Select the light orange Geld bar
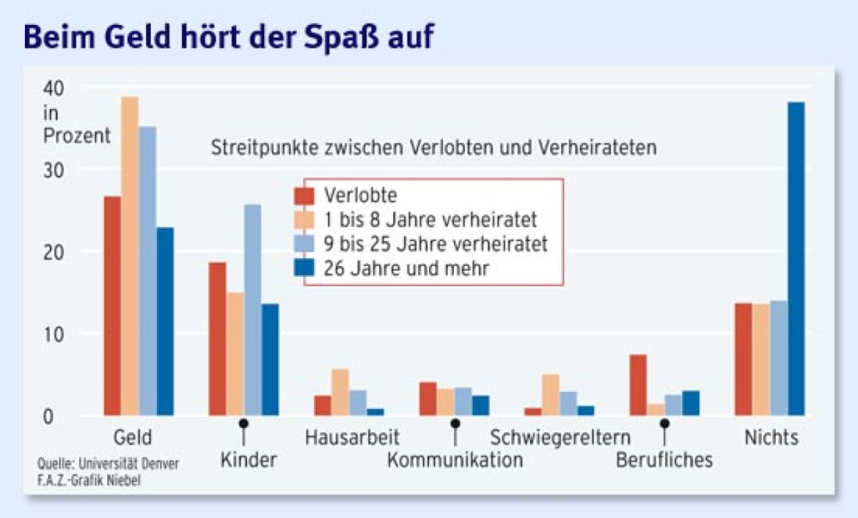[x=130, y=256]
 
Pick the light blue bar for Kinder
[x=252, y=310]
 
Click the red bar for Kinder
[x=218, y=339]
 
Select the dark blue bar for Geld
[x=165, y=322]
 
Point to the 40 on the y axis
[x=54, y=88]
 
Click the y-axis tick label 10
[x=54, y=334]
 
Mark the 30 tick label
[x=54, y=170]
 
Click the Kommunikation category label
[x=455, y=461]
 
